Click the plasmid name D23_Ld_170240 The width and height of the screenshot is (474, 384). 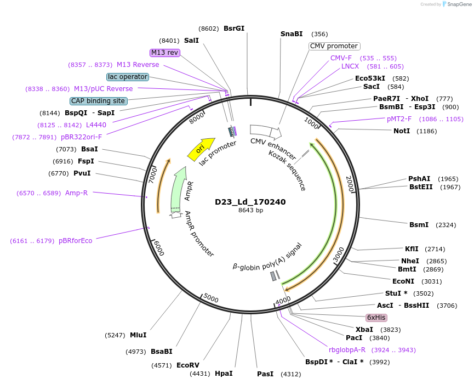click(x=250, y=202)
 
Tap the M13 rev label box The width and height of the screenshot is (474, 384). click(x=165, y=53)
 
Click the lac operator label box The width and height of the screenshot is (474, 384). click(x=128, y=77)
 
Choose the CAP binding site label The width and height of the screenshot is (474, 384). click(x=99, y=101)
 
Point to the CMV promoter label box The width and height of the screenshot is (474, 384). click(x=334, y=46)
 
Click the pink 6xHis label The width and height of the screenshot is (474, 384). click(x=376, y=318)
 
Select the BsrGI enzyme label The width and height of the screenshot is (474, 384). click(x=234, y=29)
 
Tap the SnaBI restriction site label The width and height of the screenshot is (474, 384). click(x=292, y=34)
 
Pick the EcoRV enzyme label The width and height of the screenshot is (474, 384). click(x=188, y=365)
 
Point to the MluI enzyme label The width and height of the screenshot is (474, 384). click(x=138, y=335)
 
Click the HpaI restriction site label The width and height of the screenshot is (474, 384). click(x=224, y=374)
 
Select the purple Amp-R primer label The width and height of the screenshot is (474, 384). click(x=76, y=193)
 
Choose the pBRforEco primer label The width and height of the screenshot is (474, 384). click(x=76, y=240)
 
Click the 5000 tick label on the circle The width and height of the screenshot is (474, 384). click(x=211, y=299)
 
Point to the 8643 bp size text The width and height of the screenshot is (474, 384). click(x=250, y=211)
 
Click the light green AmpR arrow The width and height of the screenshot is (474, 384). click(x=180, y=187)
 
